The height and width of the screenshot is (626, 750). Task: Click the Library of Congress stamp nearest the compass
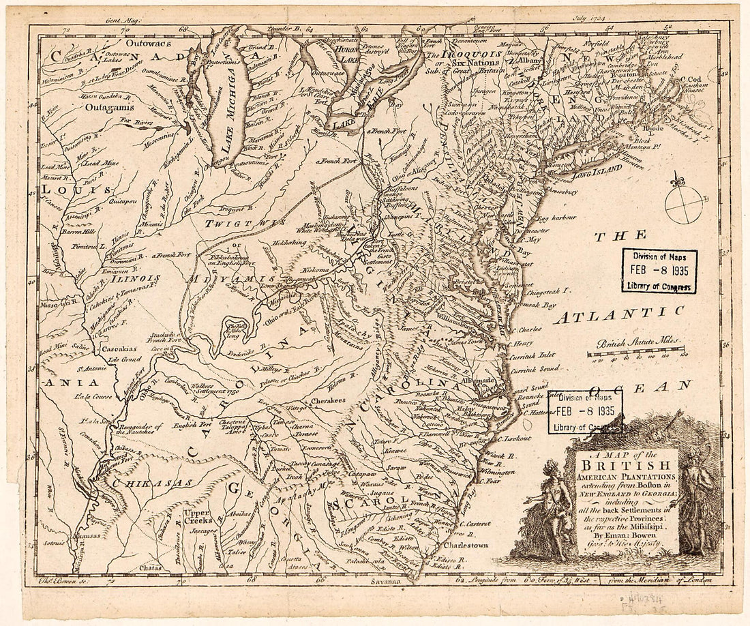tap(659, 270)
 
